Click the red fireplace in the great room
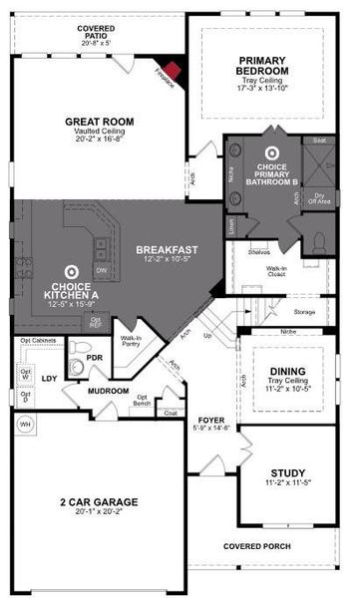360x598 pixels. tap(173, 72)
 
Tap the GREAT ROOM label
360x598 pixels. tap(99, 122)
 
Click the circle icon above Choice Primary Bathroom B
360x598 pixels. tap(268, 153)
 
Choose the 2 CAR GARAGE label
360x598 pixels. tap(97, 501)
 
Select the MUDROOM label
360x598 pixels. tap(108, 391)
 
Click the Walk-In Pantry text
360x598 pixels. tap(131, 342)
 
